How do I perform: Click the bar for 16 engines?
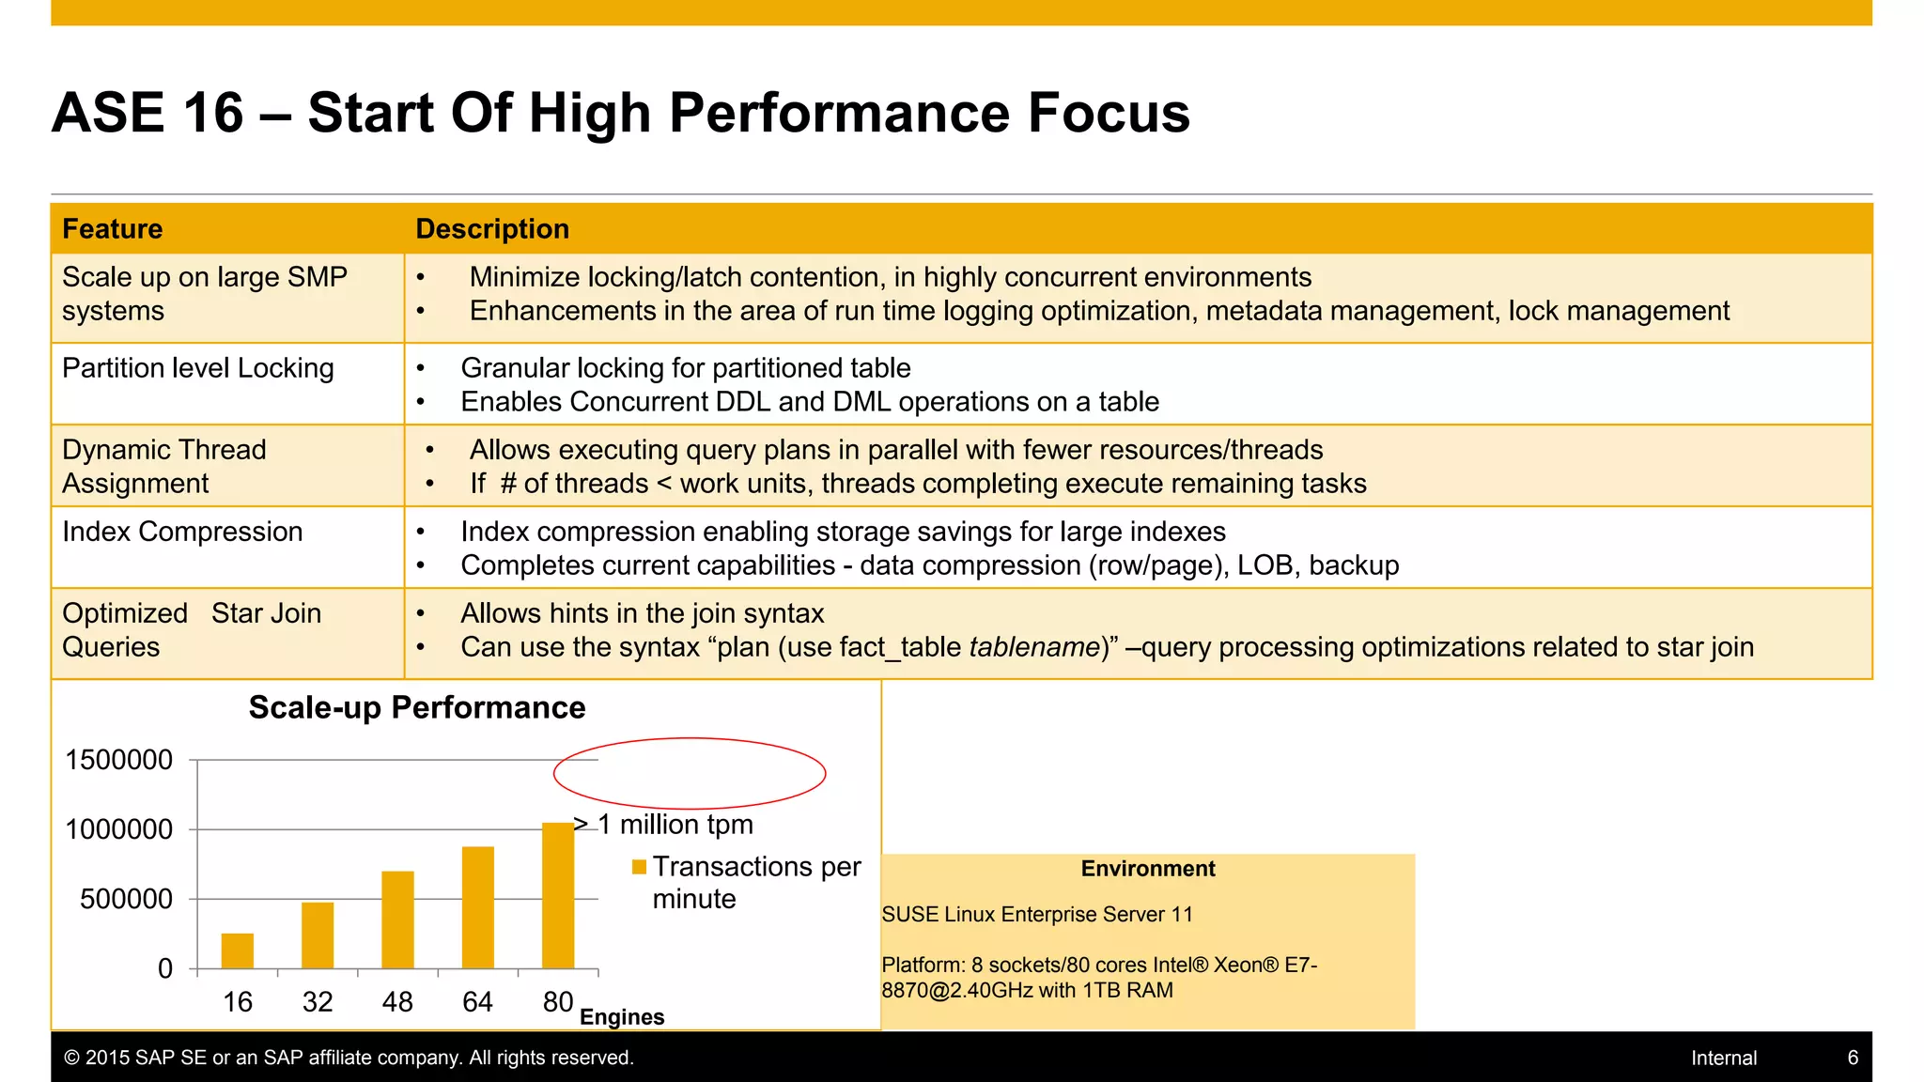[238, 951]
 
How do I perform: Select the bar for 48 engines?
[397, 920]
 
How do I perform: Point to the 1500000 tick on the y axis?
[119, 760]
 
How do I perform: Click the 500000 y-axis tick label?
[127, 899]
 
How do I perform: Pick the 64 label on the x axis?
[477, 1002]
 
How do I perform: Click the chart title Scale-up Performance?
[417, 707]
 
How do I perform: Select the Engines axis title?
[622, 1017]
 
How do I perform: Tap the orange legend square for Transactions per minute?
[639, 867]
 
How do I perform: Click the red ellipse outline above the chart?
[690, 739]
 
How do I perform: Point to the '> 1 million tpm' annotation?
[664, 825]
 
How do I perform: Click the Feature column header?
[113, 229]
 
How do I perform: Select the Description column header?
[492, 229]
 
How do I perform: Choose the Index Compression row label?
[182, 532]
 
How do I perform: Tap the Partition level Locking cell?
[198, 368]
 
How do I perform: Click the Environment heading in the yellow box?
[1148, 869]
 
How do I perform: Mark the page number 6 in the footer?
[1853, 1058]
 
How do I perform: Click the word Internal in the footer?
[1724, 1058]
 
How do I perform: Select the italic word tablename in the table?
[1034, 647]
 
